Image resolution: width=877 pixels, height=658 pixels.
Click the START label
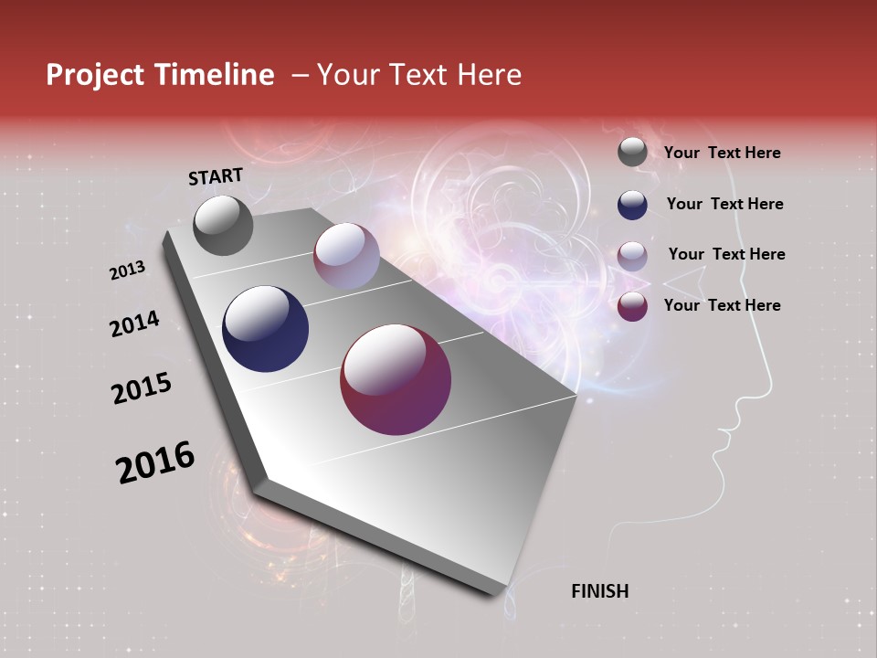point(216,175)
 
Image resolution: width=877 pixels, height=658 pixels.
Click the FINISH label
point(599,591)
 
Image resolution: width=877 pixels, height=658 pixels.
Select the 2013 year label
point(127,271)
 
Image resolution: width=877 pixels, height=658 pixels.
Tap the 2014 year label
point(134,324)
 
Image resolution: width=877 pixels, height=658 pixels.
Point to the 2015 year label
point(142,388)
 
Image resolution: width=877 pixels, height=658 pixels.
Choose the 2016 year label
point(155,462)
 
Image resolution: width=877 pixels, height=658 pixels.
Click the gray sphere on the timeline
point(223,225)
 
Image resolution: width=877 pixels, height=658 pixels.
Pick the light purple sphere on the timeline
point(346,256)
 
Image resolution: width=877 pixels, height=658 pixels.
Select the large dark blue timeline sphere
point(266,329)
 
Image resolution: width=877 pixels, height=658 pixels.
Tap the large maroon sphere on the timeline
point(396,379)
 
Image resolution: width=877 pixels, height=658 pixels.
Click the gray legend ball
point(632,153)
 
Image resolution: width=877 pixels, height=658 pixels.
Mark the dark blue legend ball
point(632,205)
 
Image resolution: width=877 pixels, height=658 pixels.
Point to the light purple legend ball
point(632,256)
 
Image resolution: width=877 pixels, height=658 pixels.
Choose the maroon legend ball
point(632,306)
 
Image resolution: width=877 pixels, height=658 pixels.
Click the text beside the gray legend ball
point(722,154)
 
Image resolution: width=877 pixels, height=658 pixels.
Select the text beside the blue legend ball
point(724,205)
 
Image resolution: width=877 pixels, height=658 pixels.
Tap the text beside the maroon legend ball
point(722,305)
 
